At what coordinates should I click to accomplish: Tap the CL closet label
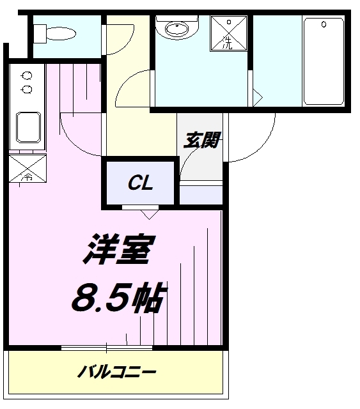140,184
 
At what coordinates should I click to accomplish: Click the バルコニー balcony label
118,371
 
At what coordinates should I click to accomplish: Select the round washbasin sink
173,29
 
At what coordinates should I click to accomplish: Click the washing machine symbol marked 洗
229,34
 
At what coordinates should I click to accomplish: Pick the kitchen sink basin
27,127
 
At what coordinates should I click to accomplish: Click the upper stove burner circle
27,75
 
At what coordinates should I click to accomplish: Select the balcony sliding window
107,348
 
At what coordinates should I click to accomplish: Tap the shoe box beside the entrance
201,194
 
